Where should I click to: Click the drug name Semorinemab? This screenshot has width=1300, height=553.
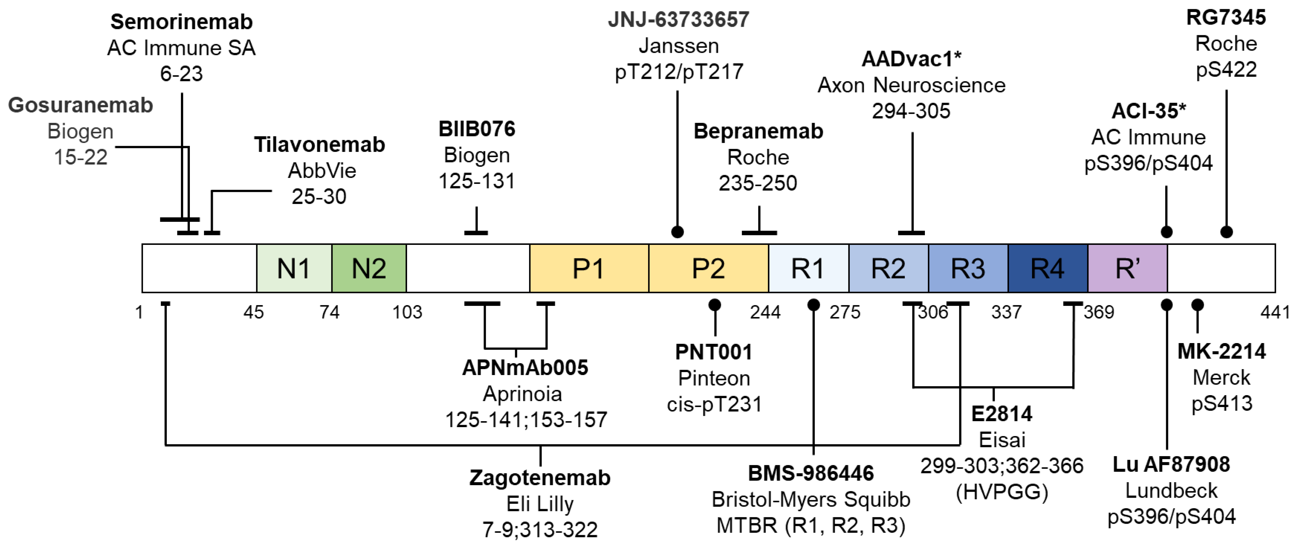[181, 22]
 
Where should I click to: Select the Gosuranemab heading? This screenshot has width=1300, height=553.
[80, 105]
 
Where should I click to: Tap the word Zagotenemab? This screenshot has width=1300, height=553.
[540, 477]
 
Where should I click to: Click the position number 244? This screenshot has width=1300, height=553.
[765, 312]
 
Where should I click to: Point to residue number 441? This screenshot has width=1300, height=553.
[1275, 312]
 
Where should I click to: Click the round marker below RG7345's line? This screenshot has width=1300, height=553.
[1226, 232]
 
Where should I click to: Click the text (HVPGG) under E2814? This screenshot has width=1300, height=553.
[1002, 491]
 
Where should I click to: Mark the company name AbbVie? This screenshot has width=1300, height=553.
[321, 170]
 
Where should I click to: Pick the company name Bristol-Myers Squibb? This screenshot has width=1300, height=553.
[811, 500]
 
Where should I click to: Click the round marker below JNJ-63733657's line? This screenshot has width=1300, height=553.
[677, 232]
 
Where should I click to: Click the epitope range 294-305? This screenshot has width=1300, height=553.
[911, 111]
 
